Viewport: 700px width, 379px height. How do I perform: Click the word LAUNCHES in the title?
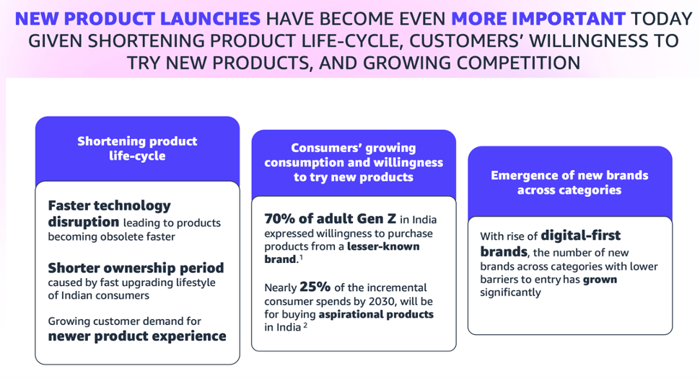coord(210,19)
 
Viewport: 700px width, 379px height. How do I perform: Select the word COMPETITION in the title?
coord(518,63)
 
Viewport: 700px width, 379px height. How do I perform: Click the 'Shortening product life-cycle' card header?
coord(138,148)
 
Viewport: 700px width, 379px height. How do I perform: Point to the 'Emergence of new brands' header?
coord(569,183)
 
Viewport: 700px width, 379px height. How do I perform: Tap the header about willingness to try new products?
coord(354,162)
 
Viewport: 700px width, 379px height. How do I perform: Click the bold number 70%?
coord(279,219)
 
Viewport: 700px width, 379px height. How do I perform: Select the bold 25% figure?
coord(315,287)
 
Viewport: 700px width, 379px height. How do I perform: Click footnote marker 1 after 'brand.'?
coord(302,257)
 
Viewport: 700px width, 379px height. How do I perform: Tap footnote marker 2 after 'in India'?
coord(305,326)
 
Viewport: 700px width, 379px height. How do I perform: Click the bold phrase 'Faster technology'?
coord(110,206)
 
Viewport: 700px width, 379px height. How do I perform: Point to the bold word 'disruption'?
coord(84,222)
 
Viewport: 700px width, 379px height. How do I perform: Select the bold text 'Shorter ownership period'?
coord(136,268)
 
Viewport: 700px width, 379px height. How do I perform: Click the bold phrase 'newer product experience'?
coord(137,336)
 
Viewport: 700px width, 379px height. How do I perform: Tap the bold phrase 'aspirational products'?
coord(376,314)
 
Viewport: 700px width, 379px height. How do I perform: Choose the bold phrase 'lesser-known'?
coord(383,246)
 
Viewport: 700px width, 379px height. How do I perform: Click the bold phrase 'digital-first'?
coord(581,236)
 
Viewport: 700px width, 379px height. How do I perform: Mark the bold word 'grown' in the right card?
coord(600,280)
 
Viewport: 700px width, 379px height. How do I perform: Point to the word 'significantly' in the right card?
coord(510,293)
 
